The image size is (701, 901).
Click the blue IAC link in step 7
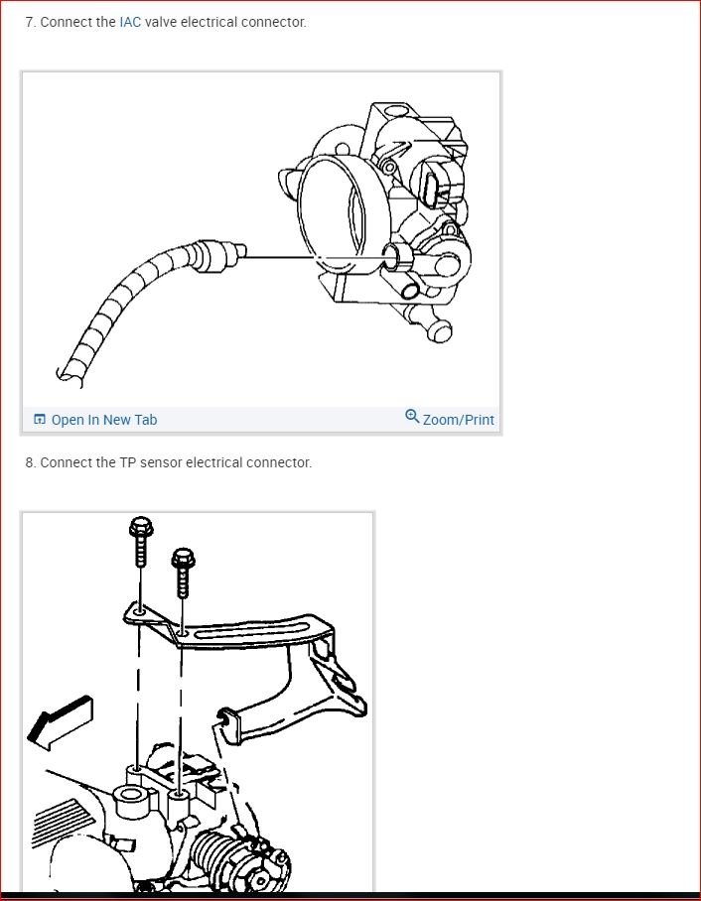[130, 22]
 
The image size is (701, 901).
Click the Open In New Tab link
[103, 420]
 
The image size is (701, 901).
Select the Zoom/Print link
[458, 420]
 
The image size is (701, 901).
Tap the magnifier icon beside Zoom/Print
[412, 417]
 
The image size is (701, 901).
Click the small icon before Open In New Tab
[40, 420]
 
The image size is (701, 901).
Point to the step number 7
[30, 22]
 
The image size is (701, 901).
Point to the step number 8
[30, 462]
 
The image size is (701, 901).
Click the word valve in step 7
[162, 22]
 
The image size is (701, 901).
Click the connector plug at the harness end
[218, 255]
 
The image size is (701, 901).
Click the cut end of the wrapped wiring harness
[67, 375]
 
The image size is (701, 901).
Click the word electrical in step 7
[214, 22]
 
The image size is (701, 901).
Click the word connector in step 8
[277, 462]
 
